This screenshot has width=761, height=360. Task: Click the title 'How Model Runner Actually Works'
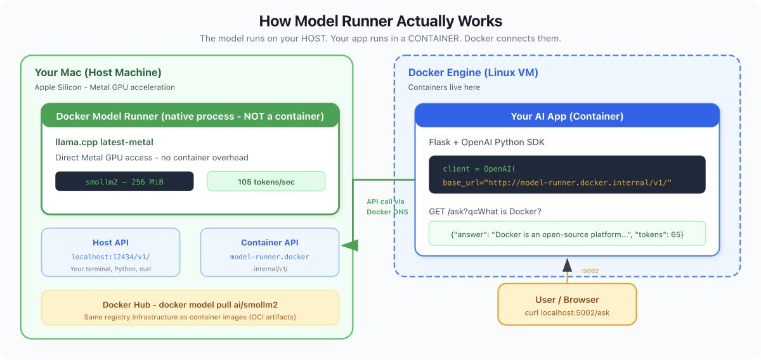[x=380, y=21]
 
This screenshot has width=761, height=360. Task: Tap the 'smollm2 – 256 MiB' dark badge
[x=124, y=181]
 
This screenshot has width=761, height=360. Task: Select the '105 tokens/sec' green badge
[x=266, y=181]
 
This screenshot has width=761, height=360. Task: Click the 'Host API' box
[x=111, y=252]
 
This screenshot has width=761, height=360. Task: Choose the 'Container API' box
[x=270, y=252]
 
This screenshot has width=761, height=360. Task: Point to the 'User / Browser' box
[x=567, y=304]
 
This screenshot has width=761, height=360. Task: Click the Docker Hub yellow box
[x=190, y=307]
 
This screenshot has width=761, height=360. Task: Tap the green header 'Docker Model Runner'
[x=190, y=116]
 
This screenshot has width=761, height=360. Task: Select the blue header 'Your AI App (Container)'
[x=567, y=116]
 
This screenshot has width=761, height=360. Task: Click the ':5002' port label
[x=590, y=271]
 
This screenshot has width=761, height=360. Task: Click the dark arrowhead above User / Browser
[x=567, y=265]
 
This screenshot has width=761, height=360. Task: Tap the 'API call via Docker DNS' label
[x=387, y=207]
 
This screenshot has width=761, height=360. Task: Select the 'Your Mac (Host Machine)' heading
[x=98, y=72]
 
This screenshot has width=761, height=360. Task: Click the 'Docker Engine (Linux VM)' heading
[x=473, y=72]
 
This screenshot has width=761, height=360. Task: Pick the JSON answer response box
[x=567, y=234]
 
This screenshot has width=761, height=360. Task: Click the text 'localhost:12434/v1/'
[x=111, y=257]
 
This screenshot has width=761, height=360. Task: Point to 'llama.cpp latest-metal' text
[x=104, y=142]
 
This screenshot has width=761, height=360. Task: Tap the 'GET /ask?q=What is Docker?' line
[x=485, y=212]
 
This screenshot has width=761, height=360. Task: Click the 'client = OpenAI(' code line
[x=479, y=169]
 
